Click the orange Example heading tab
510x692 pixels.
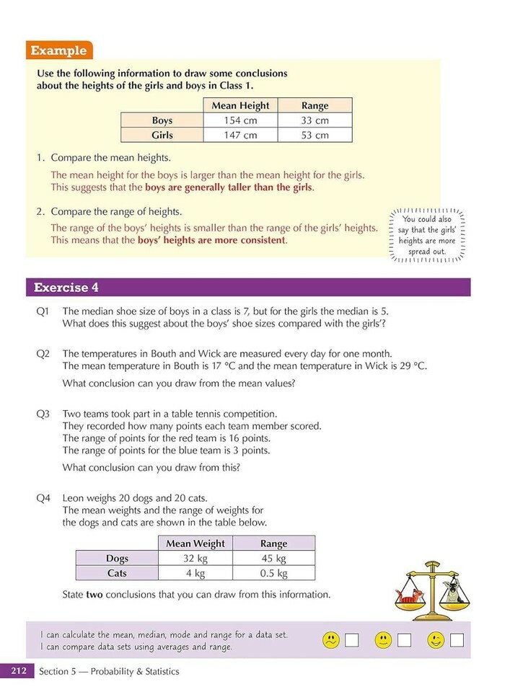[x=59, y=50]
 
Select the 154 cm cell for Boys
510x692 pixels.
[x=240, y=120]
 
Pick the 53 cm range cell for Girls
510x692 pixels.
[x=315, y=135]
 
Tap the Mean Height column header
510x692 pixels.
[x=240, y=105]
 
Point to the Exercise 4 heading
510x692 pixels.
[x=66, y=288]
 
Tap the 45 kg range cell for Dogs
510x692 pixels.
[x=273, y=559]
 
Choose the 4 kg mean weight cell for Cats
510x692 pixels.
[x=195, y=573]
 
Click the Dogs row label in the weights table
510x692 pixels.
[x=116, y=559]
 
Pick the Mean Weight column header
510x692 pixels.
[x=195, y=544]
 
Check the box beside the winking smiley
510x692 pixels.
[x=457, y=639]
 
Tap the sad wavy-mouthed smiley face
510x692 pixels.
[x=331, y=639]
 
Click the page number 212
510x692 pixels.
[x=18, y=671]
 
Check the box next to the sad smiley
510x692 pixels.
[x=352, y=639]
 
